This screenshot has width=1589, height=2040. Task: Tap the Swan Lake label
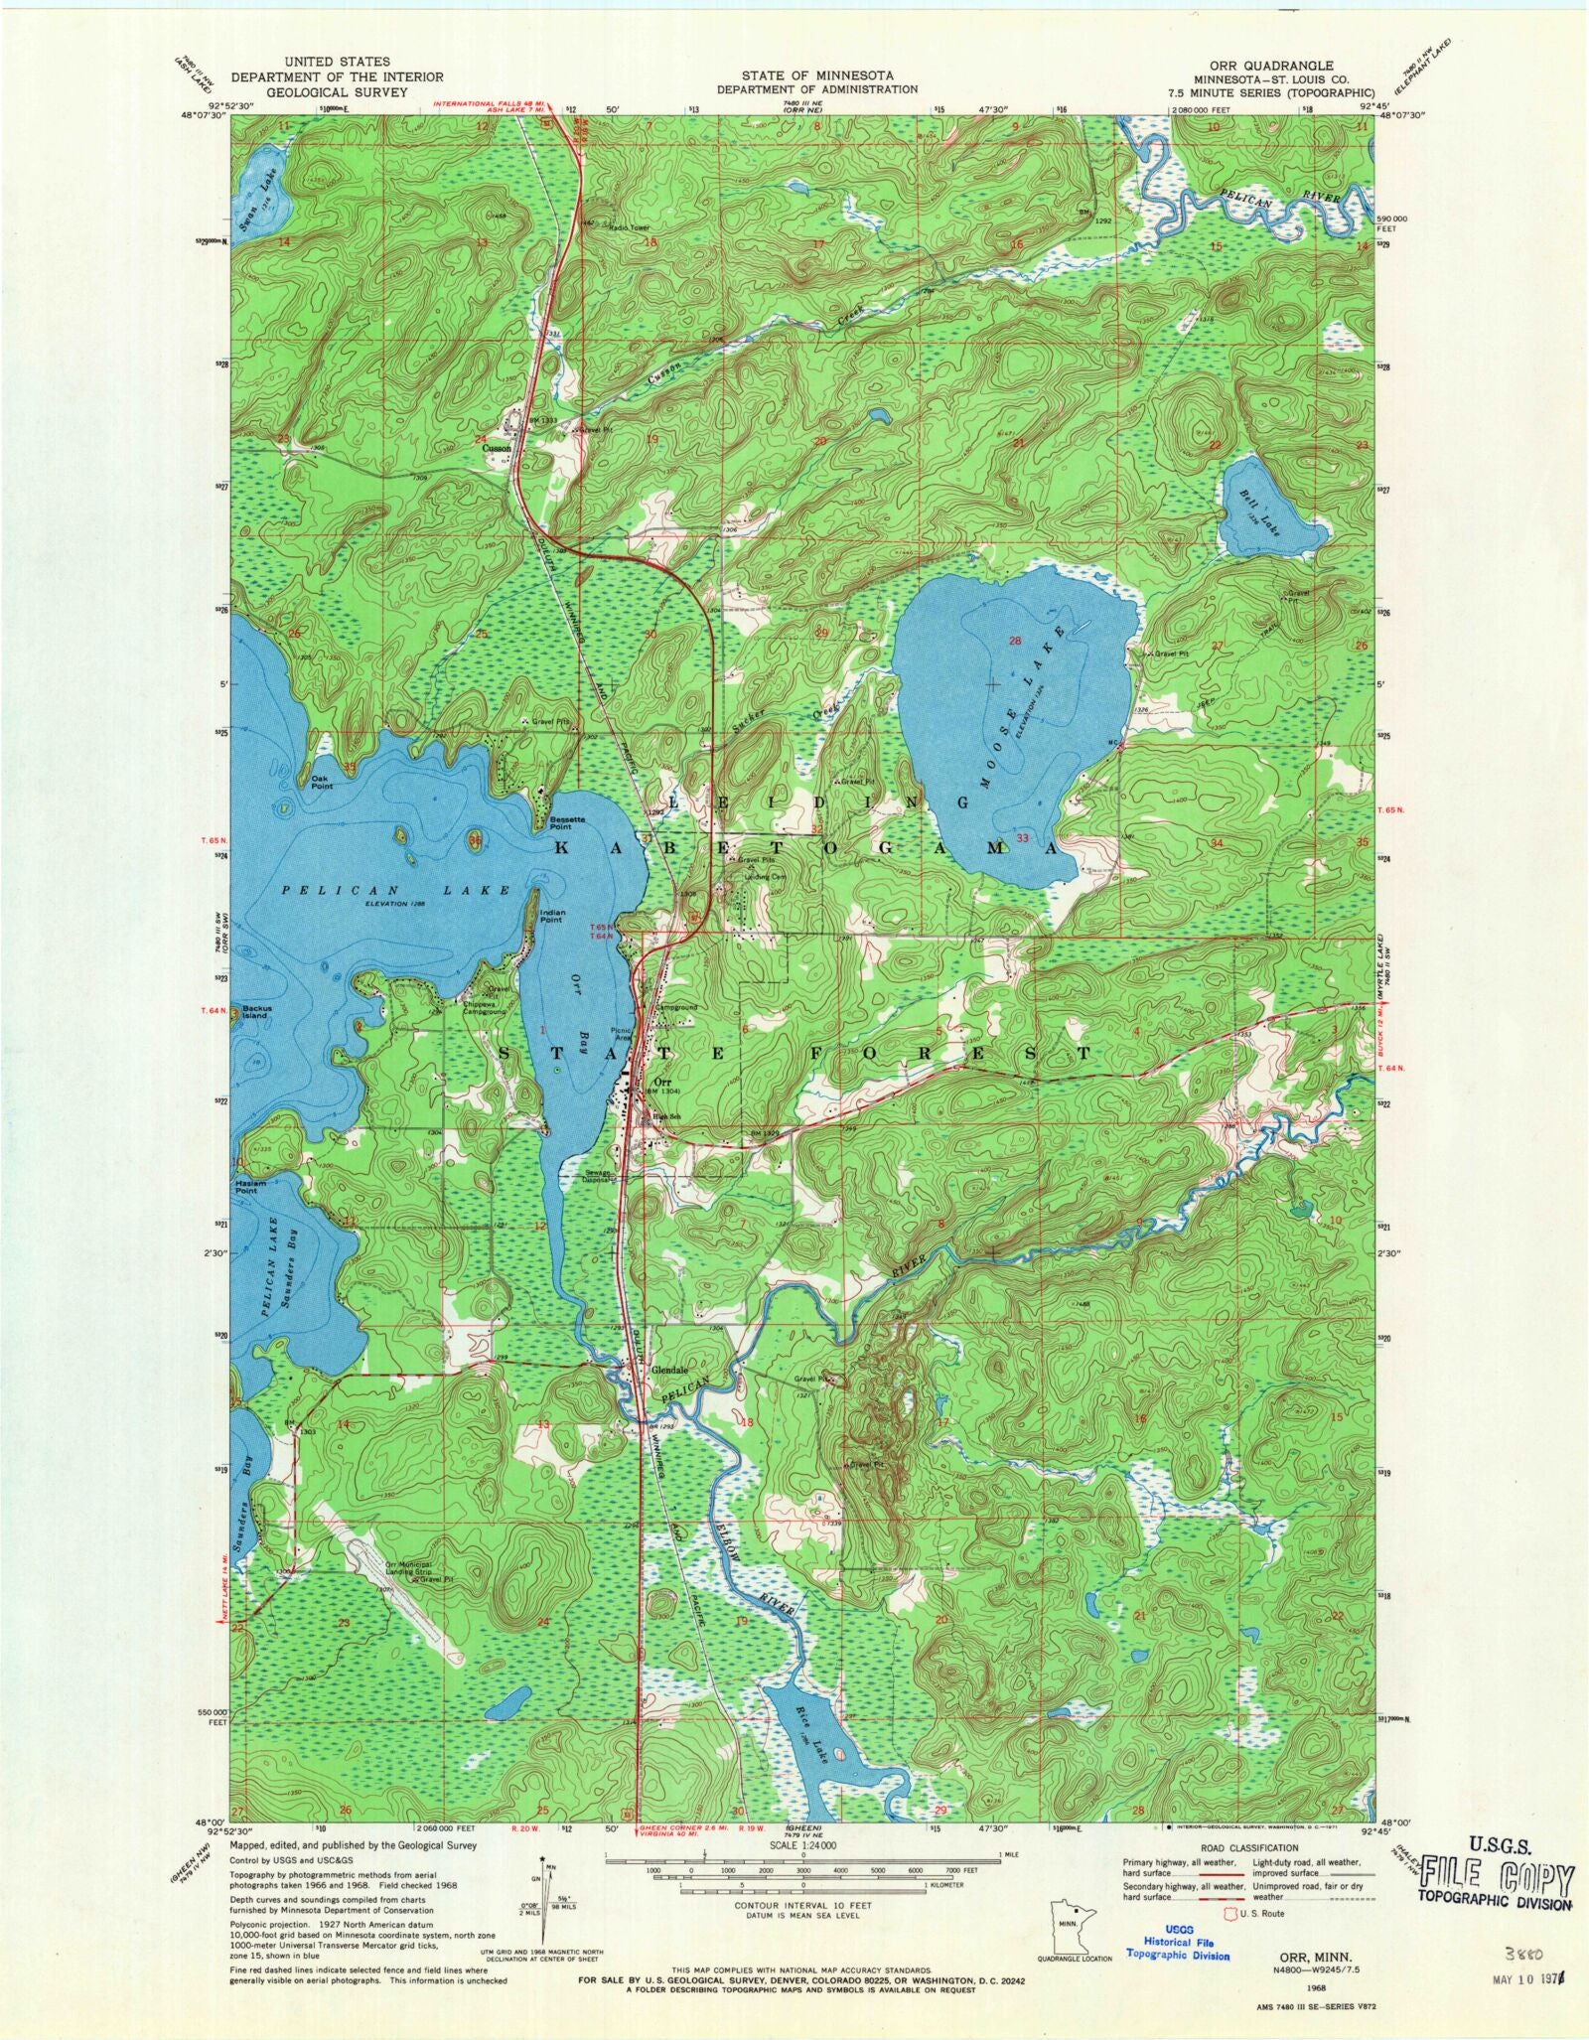click(266, 194)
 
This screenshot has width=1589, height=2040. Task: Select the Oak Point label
click(321, 783)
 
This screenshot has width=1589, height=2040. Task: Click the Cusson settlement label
click(497, 448)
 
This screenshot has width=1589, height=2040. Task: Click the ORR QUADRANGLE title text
click(1270, 66)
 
